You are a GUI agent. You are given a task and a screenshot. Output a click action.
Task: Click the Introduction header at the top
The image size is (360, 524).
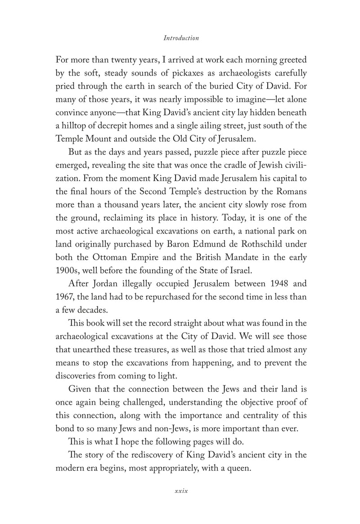point(181,38)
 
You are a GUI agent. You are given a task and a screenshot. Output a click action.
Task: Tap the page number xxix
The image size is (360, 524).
point(180,490)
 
